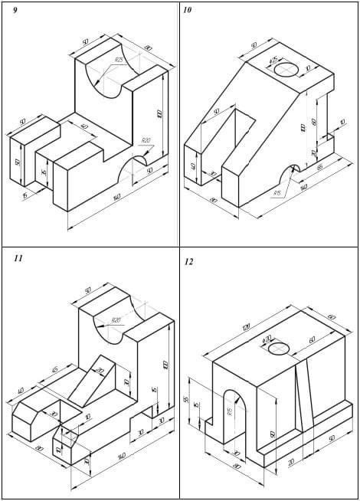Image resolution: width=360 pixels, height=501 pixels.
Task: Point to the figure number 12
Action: pyautogui.click(x=188, y=262)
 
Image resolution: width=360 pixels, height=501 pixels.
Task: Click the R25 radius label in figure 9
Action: pyautogui.click(x=119, y=60)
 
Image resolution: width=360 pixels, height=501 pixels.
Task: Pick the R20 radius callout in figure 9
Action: pyautogui.click(x=146, y=141)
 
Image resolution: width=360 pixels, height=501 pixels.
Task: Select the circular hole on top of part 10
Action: pyautogui.click(x=286, y=70)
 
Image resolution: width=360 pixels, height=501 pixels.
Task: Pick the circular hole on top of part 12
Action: pyautogui.click(x=279, y=350)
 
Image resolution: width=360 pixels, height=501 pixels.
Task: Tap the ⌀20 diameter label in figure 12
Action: pyautogui.click(x=267, y=339)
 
